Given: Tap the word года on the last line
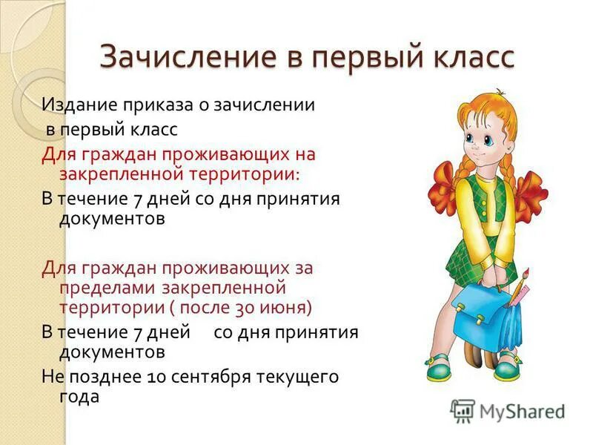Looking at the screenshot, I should [79, 397].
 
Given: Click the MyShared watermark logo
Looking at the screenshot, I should [508, 410].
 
